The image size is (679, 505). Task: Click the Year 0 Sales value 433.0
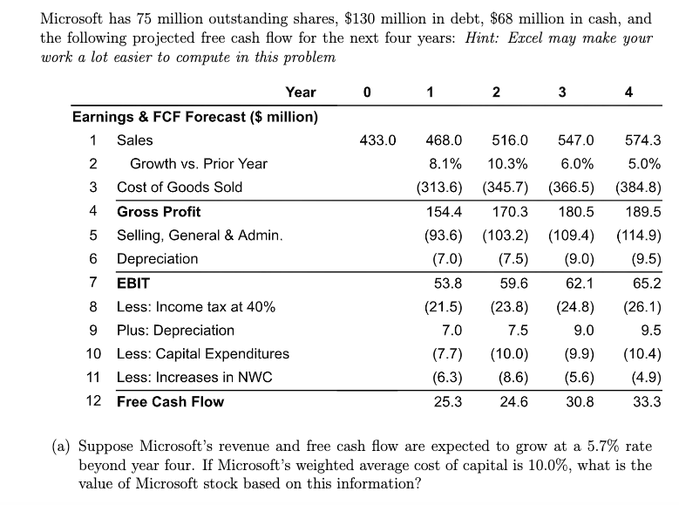point(377,140)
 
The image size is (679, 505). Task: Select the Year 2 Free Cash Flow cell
point(513,402)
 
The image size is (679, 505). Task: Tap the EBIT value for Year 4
point(647,283)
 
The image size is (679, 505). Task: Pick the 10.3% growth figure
point(507,164)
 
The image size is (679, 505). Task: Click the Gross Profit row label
point(159,212)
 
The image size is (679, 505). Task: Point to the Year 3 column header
point(562,92)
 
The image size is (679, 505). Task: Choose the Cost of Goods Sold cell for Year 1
point(439,188)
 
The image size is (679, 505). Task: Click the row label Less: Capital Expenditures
point(203,354)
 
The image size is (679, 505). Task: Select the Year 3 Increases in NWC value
point(580,377)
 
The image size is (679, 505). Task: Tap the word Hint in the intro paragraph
point(479,38)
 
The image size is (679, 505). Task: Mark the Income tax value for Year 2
point(509,307)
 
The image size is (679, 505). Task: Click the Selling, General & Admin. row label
point(200,235)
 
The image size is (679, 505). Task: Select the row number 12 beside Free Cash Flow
point(93,401)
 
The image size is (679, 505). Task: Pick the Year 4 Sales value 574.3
point(643,140)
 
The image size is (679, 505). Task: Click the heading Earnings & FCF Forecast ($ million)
point(195,117)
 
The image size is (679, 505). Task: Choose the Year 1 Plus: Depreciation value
point(452,331)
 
